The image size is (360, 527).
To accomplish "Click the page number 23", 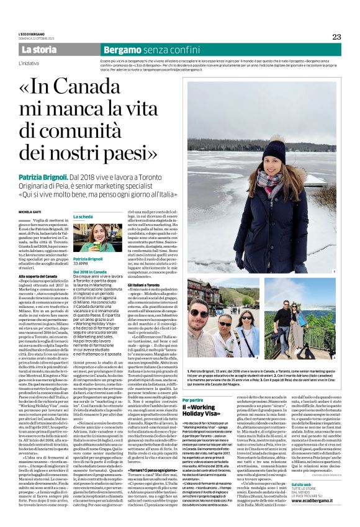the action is click(x=336, y=37).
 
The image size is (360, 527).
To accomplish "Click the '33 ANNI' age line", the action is click(x=81, y=264).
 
